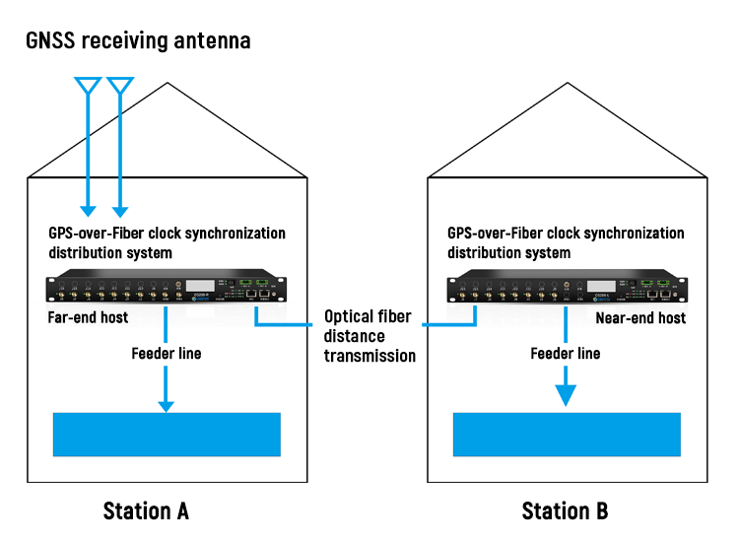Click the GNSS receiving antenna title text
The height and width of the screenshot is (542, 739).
tap(139, 40)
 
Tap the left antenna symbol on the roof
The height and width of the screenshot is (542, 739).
tap(88, 86)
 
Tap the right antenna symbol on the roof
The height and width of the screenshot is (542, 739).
tap(120, 86)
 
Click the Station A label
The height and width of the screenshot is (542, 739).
tap(146, 510)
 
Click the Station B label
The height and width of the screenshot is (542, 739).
tap(565, 510)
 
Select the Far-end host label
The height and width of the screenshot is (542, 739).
tap(87, 318)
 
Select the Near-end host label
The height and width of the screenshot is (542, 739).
tap(640, 318)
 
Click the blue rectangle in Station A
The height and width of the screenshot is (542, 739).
tap(167, 435)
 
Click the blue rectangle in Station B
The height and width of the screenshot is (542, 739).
tap(566, 435)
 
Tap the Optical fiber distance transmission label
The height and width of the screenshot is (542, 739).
tap(369, 336)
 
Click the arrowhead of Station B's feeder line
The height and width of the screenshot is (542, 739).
tap(566, 394)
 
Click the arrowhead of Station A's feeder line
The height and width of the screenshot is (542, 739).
tap(167, 403)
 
